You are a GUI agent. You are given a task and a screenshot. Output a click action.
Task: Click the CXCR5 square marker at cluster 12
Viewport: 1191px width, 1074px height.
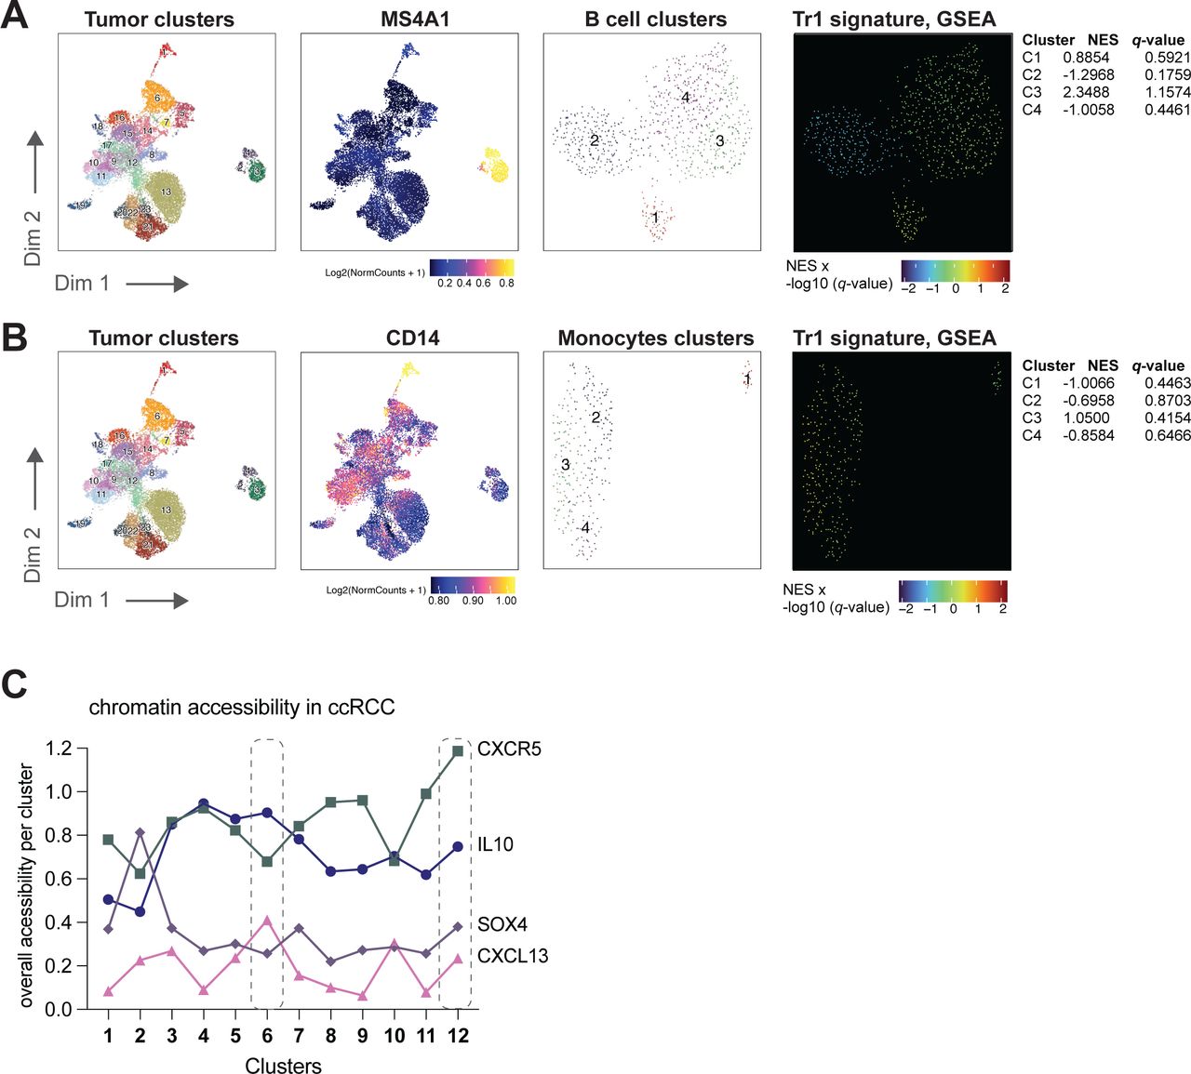point(458,750)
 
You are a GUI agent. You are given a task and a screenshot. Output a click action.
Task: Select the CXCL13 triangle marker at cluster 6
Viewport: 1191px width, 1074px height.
point(268,921)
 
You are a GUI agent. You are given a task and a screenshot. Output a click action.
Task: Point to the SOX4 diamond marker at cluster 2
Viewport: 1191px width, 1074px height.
point(141,833)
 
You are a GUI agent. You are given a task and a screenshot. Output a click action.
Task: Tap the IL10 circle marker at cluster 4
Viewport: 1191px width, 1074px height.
point(204,803)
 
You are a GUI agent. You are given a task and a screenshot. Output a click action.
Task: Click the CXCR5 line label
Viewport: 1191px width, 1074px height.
point(509,749)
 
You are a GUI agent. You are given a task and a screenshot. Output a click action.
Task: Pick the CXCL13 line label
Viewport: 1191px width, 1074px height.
point(513,956)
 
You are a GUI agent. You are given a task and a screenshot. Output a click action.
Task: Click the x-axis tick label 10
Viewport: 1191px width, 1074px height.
point(395,1035)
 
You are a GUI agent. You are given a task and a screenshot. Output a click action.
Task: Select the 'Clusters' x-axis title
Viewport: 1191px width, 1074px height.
point(283,1066)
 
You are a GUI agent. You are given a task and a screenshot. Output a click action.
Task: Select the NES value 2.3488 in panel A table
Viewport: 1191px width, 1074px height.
point(1086,92)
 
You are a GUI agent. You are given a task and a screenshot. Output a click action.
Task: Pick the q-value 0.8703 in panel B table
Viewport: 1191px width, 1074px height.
point(1168,400)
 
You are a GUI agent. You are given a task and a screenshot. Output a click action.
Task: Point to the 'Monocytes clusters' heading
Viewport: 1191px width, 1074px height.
point(656,338)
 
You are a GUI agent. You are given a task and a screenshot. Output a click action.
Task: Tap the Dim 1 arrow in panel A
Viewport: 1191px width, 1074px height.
point(157,283)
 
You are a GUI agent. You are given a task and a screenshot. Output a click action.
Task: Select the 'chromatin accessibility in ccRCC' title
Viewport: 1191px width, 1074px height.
point(242,707)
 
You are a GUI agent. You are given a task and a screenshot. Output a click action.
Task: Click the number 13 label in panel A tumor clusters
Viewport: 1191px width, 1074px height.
point(166,192)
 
